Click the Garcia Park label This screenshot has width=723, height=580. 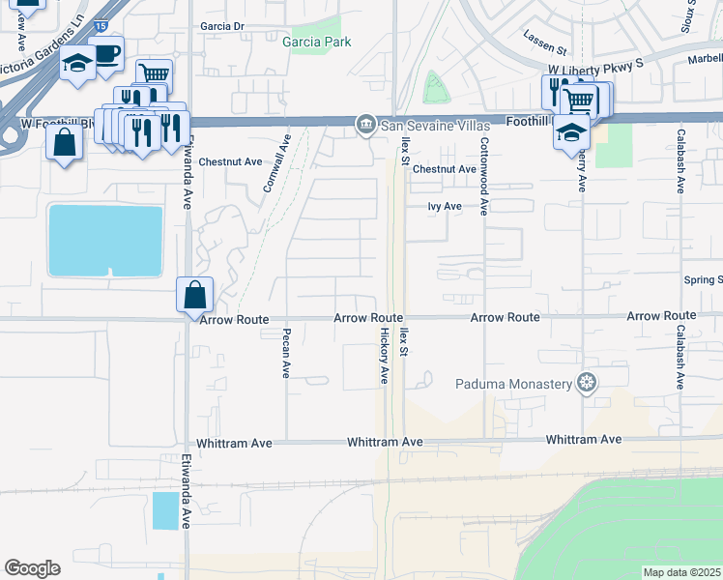[316, 42]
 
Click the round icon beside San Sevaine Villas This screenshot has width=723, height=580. [365, 123]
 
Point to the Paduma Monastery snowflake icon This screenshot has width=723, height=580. [585, 384]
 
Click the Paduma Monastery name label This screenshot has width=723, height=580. [514, 384]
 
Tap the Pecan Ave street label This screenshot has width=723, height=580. [286, 355]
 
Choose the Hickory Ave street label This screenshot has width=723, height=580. [384, 355]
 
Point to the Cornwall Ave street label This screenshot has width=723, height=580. [276, 162]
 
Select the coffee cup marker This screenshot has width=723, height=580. [106, 54]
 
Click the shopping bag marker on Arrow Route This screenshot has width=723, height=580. [194, 294]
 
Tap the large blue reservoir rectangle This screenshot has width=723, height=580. [105, 240]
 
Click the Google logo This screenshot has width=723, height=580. [32, 568]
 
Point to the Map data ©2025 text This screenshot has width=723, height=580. [681, 572]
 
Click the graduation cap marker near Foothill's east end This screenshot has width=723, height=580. [571, 132]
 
